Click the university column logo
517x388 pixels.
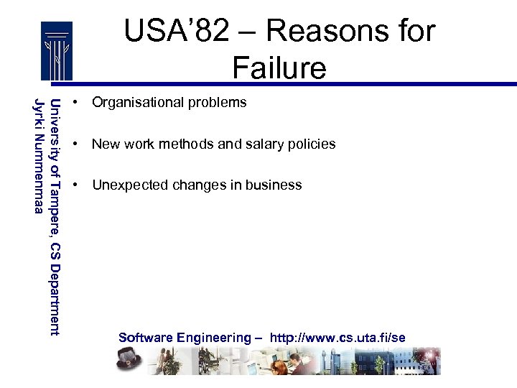coord(56,50)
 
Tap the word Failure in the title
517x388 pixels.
coord(279,68)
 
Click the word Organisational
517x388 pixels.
coord(137,103)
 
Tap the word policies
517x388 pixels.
coord(310,144)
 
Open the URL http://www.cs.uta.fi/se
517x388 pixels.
coord(337,338)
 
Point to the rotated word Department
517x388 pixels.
coord(55,299)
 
